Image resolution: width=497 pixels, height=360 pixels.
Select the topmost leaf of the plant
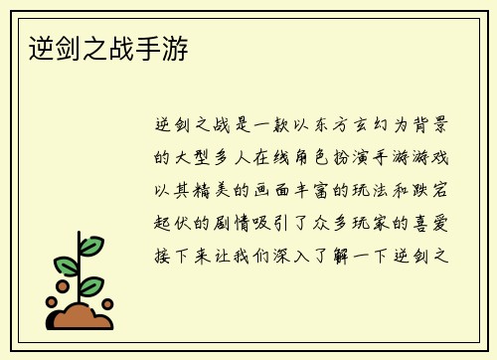(90, 245)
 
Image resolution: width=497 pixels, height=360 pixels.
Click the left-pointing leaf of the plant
(66, 265)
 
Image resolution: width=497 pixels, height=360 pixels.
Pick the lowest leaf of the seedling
(90, 286)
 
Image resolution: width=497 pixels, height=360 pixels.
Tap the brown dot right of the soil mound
(107, 304)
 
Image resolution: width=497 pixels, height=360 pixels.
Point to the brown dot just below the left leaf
(63, 285)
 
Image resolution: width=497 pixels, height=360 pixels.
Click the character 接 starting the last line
(162, 255)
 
